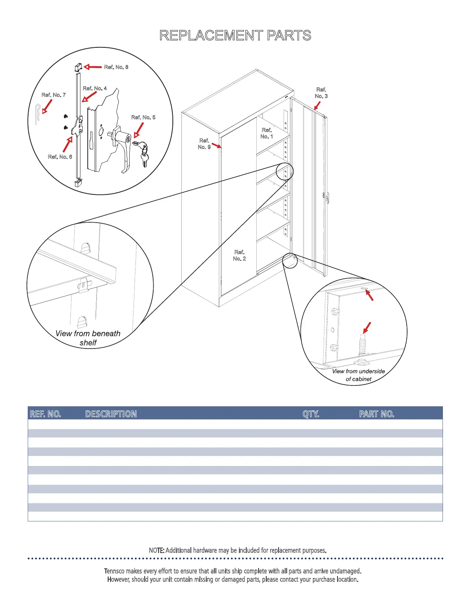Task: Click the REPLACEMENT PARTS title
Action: click(x=235, y=35)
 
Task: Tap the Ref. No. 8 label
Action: click(x=116, y=67)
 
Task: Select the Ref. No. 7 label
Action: click(x=53, y=95)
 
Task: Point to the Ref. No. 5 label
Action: click(x=143, y=117)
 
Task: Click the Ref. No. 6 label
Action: click(x=60, y=157)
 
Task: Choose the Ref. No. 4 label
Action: click(x=95, y=89)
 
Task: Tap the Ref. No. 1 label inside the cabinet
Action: click(x=267, y=133)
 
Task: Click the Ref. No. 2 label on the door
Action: click(x=239, y=255)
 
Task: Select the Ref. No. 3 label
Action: click(x=321, y=93)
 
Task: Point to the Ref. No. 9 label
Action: click(x=204, y=144)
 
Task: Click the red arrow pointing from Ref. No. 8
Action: click(x=93, y=67)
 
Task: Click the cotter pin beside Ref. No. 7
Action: click(x=38, y=114)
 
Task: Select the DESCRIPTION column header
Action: click(x=111, y=414)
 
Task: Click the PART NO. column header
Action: click(x=376, y=414)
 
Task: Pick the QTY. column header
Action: click(x=311, y=414)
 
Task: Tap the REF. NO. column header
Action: click(x=45, y=414)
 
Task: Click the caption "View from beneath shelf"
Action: click(x=88, y=338)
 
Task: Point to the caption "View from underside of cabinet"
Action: click(x=358, y=375)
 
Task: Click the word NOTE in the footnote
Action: click(x=156, y=550)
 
